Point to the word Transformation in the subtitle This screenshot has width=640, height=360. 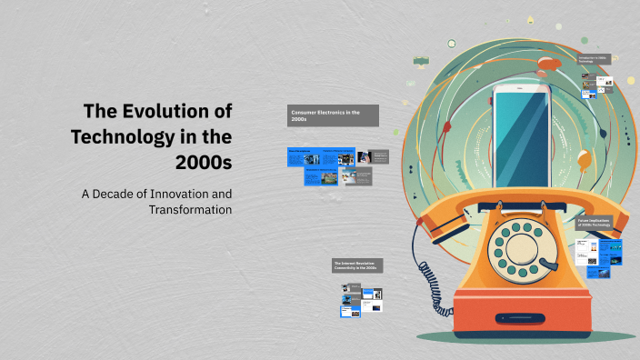point(190,210)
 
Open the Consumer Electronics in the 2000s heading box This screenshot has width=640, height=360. point(333,115)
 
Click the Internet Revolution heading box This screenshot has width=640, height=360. point(357,265)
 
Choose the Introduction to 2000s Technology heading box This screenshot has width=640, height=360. point(598,58)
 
